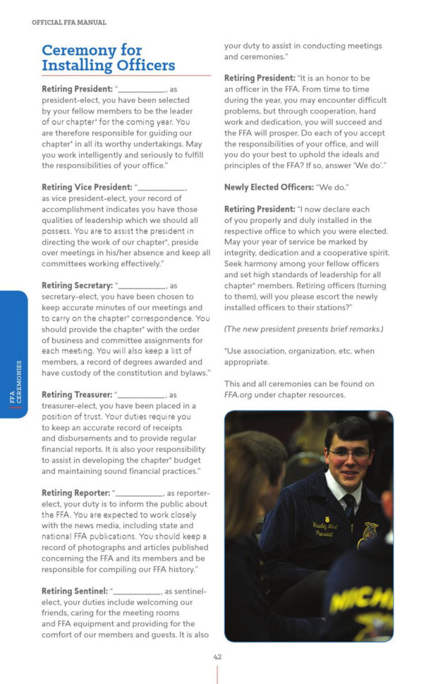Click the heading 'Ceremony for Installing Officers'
tap(108, 58)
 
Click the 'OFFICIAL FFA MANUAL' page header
tap(69, 23)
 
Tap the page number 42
tap(217, 656)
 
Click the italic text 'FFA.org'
tap(240, 394)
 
